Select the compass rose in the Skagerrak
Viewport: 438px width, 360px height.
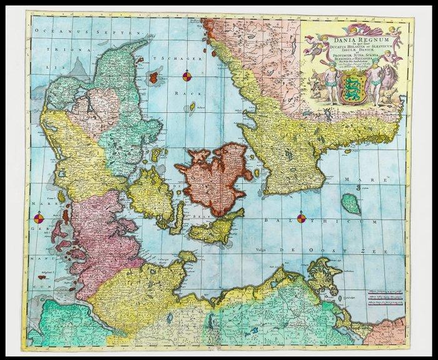(186, 76)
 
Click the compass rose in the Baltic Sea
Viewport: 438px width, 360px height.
(302, 219)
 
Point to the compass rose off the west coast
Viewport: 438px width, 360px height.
(39, 219)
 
